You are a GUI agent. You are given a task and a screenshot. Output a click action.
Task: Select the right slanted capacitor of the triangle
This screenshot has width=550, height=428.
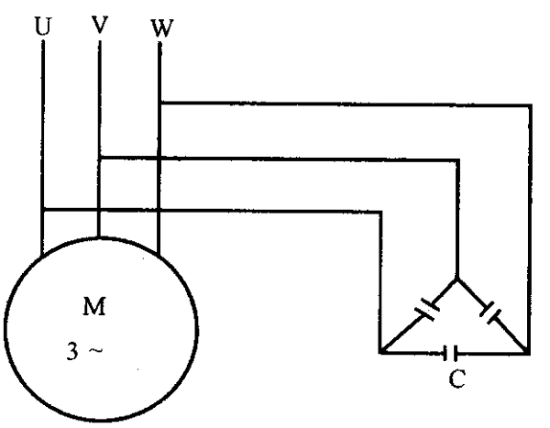tap(491, 313)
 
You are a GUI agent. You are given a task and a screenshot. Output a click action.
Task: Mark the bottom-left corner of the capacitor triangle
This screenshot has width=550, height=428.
tap(379, 352)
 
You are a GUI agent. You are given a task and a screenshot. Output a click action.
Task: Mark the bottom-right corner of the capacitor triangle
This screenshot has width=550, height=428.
tap(529, 352)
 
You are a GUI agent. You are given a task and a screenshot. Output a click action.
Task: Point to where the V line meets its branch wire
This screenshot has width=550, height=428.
tap(98, 157)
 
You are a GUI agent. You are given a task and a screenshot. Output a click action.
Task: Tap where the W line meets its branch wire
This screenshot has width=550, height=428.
tap(159, 103)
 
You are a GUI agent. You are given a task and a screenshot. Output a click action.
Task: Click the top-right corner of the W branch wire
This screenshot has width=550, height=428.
tap(529, 103)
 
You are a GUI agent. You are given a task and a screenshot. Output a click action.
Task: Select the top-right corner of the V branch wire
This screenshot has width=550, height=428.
tap(457, 157)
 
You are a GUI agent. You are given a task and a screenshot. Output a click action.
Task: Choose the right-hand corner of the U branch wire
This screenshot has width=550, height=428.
tap(379, 210)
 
